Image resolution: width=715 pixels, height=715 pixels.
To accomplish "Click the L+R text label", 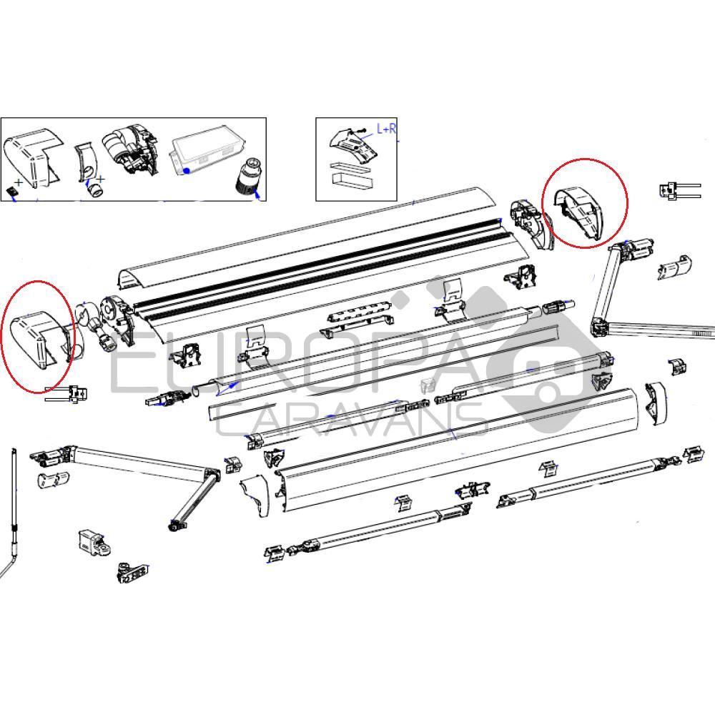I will click(387, 129).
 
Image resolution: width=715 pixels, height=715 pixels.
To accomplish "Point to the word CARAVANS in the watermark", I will click(350, 421).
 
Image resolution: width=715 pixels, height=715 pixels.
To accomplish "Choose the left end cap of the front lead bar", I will click(256, 494).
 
